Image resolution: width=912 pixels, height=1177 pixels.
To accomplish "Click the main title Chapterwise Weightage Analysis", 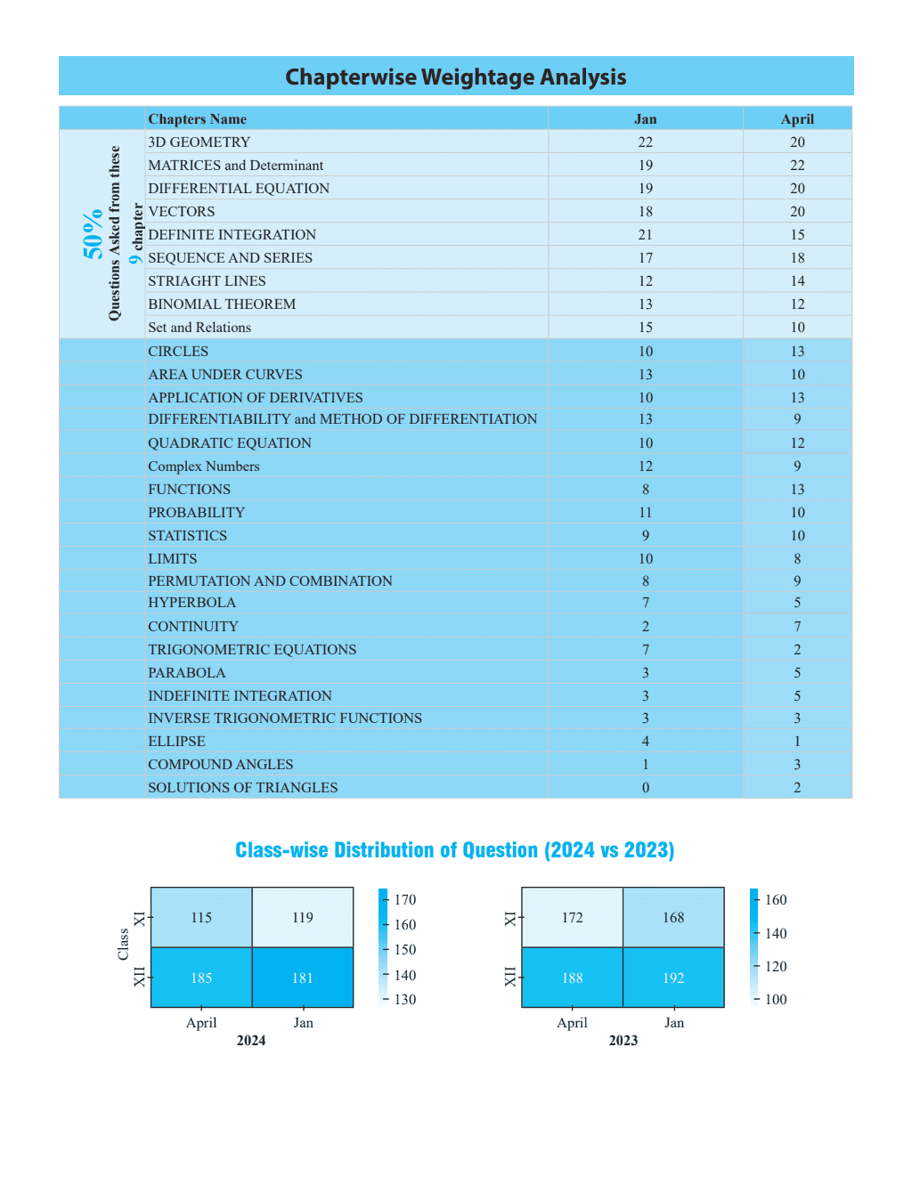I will click(x=455, y=77).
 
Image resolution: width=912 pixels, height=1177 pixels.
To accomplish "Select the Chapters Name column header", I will click(x=197, y=119).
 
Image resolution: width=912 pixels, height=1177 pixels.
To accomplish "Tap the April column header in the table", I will click(x=797, y=119).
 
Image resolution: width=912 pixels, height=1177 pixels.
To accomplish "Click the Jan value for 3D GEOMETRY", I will click(x=645, y=142).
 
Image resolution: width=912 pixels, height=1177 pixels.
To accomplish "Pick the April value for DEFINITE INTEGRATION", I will click(x=797, y=235).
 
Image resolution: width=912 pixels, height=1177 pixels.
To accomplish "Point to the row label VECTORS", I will click(x=182, y=212).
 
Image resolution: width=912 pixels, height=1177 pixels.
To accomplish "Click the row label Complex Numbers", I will click(x=204, y=467).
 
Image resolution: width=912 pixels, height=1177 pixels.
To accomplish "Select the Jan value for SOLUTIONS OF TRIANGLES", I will click(x=645, y=788).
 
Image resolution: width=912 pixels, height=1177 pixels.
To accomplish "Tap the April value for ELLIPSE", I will click(x=797, y=742).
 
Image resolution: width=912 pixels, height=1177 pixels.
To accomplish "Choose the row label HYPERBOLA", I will click(x=191, y=603).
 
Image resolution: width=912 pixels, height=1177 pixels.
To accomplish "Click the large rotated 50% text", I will click(x=93, y=235).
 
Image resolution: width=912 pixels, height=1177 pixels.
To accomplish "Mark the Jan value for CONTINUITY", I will click(x=645, y=627).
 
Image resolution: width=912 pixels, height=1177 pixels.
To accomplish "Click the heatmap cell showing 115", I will click(x=201, y=918).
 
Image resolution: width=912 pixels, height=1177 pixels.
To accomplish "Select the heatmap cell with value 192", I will click(x=673, y=978).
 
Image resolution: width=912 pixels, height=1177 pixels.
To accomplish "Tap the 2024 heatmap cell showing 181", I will click(x=303, y=978).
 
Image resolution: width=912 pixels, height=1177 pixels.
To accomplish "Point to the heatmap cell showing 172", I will click(x=572, y=918).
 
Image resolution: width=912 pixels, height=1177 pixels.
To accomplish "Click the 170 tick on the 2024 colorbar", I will click(x=405, y=900).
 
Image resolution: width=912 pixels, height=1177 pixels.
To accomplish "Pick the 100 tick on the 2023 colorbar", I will click(x=776, y=1000).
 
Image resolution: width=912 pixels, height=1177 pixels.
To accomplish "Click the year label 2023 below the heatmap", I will click(x=623, y=1041).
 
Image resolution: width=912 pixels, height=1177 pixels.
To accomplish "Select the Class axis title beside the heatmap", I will click(x=123, y=945).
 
